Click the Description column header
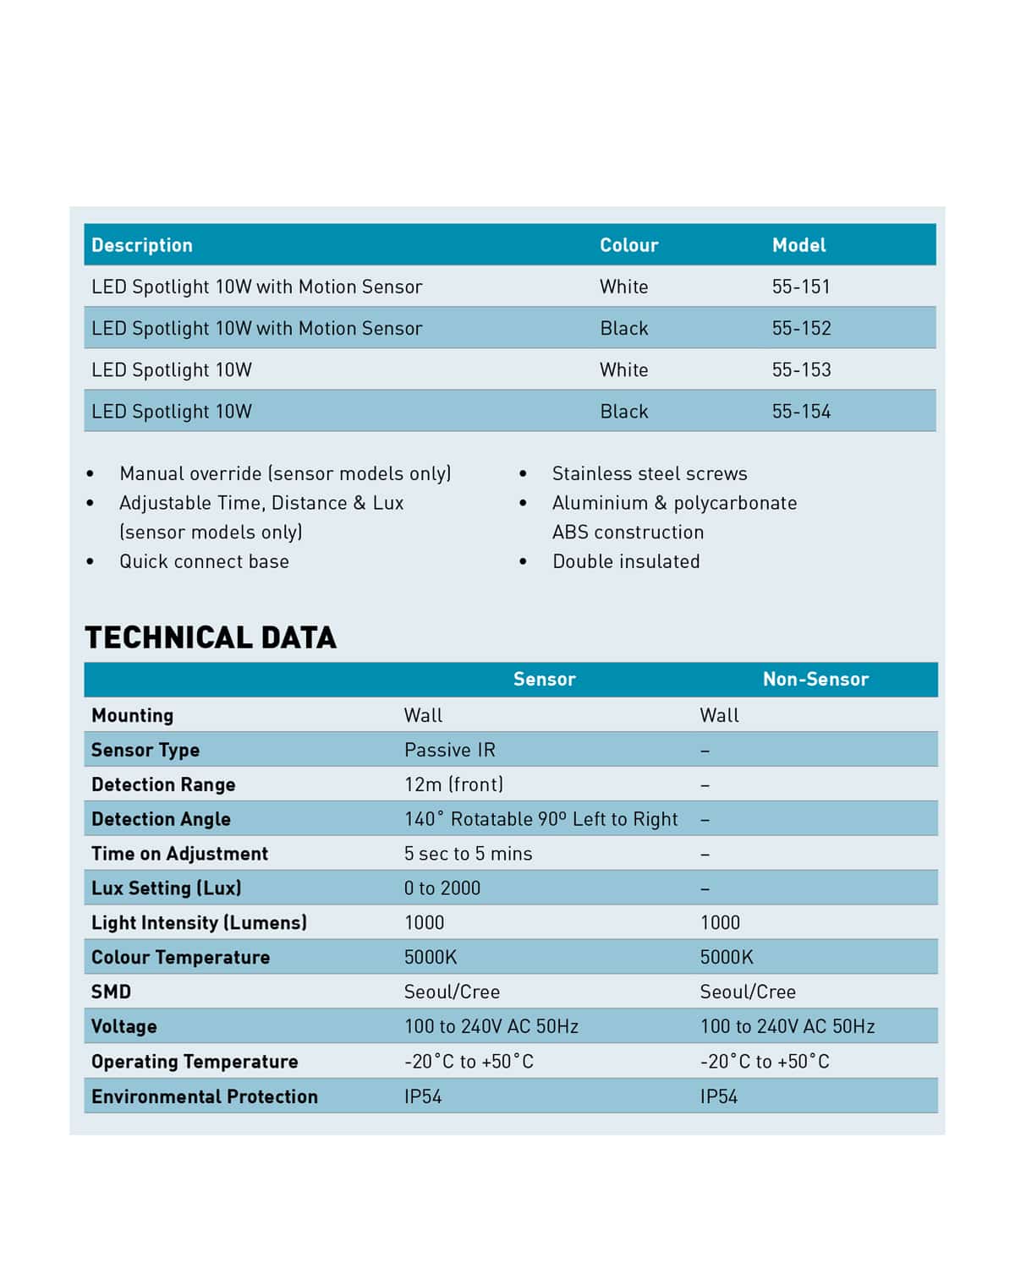(142, 245)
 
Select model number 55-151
(801, 287)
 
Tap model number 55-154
(801, 412)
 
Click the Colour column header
(628, 245)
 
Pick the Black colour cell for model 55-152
(624, 328)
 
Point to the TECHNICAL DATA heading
(211, 637)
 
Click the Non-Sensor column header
(815, 679)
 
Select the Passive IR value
(450, 750)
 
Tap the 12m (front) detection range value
(453, 784)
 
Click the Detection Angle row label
(161, 819)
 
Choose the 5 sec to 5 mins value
(468, 854)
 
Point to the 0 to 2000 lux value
(442, 888)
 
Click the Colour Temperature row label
(180, 957)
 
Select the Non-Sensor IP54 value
(719, 1096)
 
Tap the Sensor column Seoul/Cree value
(452, 992)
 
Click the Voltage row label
(124, 1026)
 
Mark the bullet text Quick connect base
(204, 561)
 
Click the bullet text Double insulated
(626, 561)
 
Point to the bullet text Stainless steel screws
(650, 473)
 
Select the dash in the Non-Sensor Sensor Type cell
(705, 751)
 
